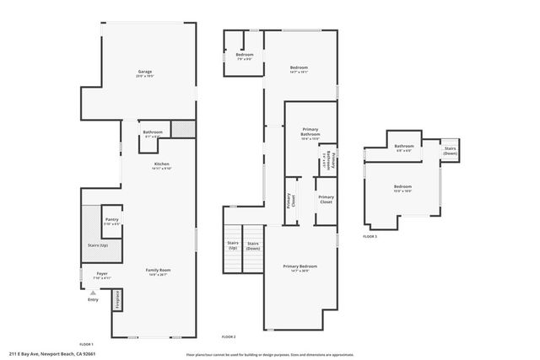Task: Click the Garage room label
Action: [145, 73]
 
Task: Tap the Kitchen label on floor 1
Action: [161, 164]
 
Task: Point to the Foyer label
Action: [101, 274]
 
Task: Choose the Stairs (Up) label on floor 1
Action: [98, 244]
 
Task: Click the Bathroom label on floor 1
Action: [153, 132]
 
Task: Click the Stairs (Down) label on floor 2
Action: [253, 244]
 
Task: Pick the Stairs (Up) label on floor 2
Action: [232, 244]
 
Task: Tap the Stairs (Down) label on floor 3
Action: [451, 151]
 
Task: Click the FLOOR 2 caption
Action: [228, 337]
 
